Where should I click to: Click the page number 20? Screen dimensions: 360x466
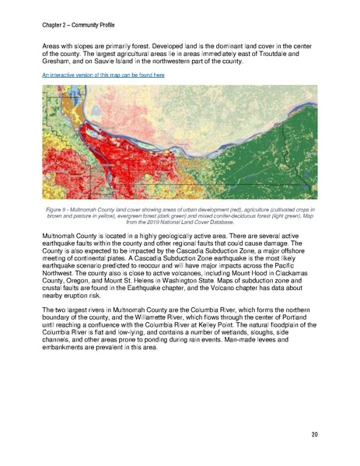[315, 433]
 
